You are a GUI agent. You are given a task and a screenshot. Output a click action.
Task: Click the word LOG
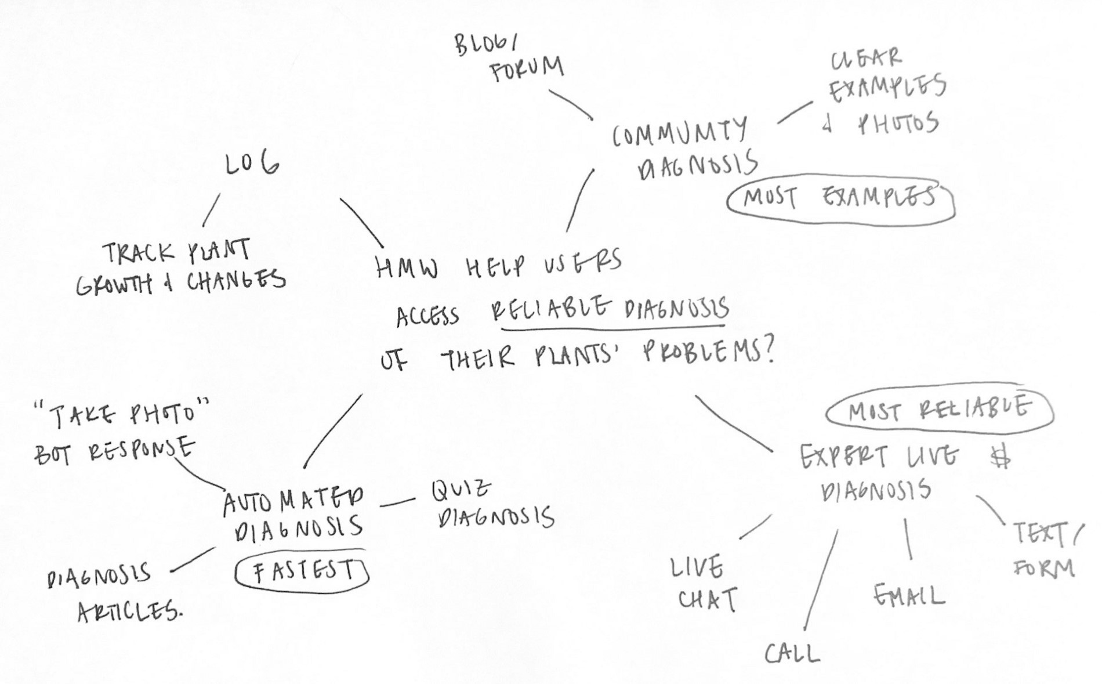pos(252,165)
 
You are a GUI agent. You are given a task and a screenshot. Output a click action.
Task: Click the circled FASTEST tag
pos(302,571)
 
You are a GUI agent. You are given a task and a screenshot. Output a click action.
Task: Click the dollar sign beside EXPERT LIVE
pos(1001,458)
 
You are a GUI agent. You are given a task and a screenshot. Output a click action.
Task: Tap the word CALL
pos(792,654)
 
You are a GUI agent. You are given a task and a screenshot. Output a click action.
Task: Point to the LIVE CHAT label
pos(703,584)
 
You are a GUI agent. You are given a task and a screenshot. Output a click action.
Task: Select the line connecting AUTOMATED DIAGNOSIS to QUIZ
pos(398,502)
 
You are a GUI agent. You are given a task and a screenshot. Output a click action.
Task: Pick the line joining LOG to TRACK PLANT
pos(211,210)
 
